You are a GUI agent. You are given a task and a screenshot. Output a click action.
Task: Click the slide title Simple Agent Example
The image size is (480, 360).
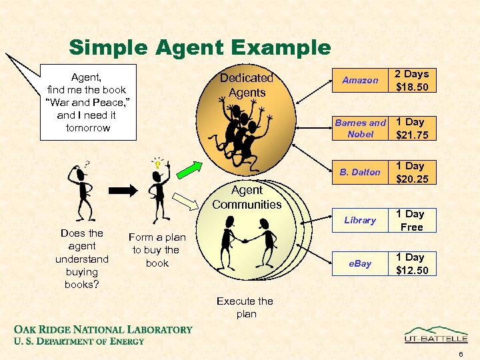click(199, 47)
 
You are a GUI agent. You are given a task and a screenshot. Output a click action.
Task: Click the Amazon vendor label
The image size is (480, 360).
click(360, 80)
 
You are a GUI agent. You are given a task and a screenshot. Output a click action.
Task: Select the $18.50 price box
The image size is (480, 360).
click(412, 80)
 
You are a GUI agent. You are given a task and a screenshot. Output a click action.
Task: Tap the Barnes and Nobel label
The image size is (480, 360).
click(360, 128)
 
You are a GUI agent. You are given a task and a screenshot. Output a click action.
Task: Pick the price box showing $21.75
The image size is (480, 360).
click(412, 129)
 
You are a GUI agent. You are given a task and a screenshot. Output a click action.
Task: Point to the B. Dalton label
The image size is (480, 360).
click(360, 172)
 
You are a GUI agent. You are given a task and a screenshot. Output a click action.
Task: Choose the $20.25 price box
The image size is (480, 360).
click(412, 172)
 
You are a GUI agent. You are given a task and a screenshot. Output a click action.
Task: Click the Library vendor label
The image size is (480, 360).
click(360, 220)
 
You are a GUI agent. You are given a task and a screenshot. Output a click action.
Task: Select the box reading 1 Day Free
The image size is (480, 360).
click(412, 220)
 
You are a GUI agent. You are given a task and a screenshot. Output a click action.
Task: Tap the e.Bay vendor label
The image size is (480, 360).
click(360, 263)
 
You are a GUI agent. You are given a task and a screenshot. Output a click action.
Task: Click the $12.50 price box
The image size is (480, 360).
click(412, 263)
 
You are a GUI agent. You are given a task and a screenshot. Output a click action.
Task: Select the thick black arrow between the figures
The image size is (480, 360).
click(124, 189)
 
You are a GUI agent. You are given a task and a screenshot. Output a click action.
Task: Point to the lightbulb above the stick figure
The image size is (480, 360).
click(157, 163)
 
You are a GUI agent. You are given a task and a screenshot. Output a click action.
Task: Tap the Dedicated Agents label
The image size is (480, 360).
click(247, 85)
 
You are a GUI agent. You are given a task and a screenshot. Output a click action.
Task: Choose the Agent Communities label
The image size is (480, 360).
click(247, 197)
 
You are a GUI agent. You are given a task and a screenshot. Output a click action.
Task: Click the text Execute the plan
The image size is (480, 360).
click(245, 307)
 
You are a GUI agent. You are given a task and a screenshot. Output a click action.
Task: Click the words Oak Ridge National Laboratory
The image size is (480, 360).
click(103, 329)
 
